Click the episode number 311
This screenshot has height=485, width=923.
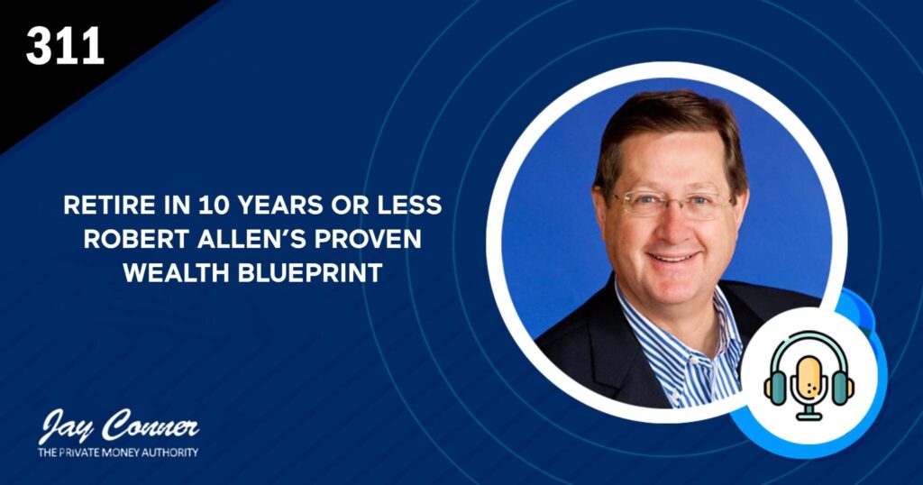(65, 47)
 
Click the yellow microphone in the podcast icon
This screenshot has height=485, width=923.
(809, 383)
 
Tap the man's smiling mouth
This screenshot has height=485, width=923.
(672, 258)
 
